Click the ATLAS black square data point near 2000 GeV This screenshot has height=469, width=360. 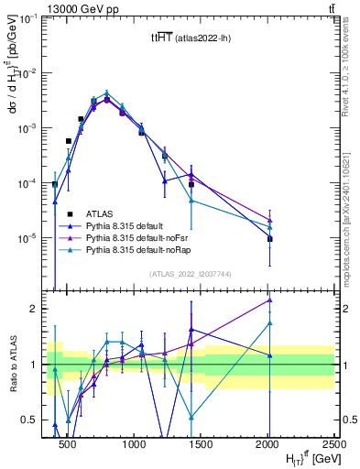point(270,239)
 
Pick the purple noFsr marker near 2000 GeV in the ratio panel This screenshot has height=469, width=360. point(270,300)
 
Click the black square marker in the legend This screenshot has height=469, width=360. point(70,213)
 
